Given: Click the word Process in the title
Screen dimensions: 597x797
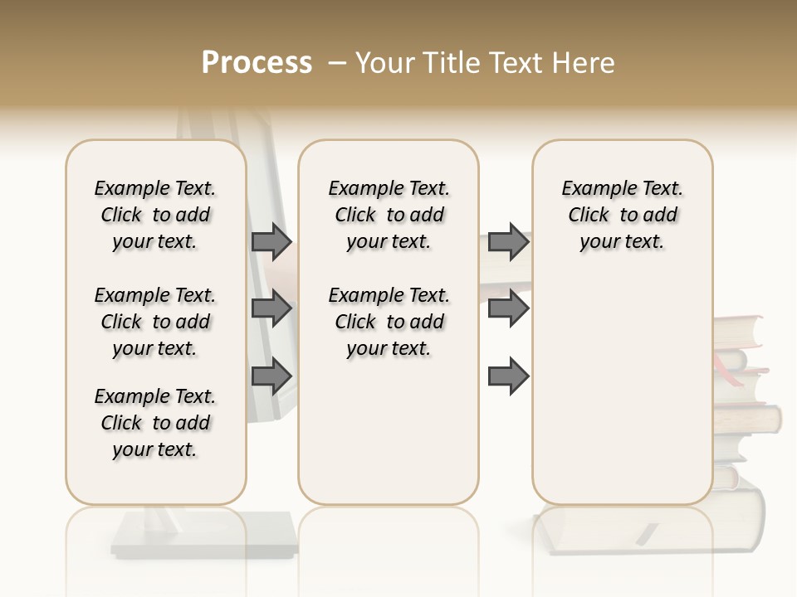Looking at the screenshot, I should coord(257,63).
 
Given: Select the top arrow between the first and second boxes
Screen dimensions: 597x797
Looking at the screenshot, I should coord(271,241).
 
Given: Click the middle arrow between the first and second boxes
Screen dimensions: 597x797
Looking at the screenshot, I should coord(271,309).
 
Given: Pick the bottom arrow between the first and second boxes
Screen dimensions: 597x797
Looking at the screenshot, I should coord(271,376).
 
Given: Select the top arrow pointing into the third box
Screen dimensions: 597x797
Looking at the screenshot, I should coord(508,241).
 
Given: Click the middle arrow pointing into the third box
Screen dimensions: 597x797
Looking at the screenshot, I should coord(508,309).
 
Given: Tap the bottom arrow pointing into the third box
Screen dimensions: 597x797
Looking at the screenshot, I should coord(508,376).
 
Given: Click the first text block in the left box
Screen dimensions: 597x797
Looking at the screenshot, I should coord(155,215).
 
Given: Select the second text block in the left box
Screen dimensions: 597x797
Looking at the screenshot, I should coord(155,322).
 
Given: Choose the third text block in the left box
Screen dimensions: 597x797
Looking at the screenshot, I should coord(155,423).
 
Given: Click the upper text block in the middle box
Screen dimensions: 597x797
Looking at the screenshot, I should coord(389,215).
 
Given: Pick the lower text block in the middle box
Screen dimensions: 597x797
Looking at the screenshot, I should coord(389,322).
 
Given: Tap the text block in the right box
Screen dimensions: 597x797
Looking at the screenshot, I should coord(623,215).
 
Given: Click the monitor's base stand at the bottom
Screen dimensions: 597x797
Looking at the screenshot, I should coord(203,535).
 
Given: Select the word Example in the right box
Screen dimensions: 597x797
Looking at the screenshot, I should coord(592,189).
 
